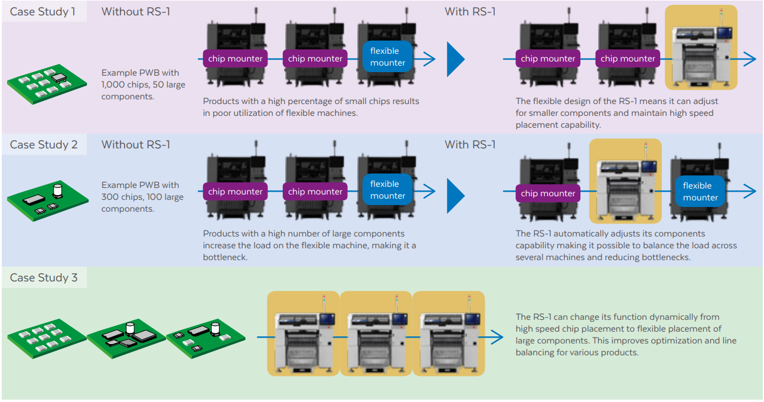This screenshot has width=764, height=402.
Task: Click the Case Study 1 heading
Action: point(43,12)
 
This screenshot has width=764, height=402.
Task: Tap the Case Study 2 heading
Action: point(43,145)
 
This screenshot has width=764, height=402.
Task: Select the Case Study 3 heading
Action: point(43,278)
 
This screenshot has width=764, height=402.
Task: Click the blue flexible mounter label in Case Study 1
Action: point(387,57)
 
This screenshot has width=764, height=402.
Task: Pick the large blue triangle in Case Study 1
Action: point(455,59)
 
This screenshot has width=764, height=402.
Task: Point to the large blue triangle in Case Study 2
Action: point(455,192)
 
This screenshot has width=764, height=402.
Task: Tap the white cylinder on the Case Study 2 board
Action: point(58,190)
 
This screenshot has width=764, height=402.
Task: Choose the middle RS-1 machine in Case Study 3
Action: point(376,333)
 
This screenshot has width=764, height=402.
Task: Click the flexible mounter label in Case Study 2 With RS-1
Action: point(700,192)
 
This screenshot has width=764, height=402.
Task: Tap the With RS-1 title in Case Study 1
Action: point(470,12)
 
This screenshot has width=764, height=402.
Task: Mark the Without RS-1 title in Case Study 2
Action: point(136,145)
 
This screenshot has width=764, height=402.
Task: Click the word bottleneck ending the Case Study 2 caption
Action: point(226,257)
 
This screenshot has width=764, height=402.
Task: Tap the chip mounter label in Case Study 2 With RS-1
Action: point(548,193)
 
